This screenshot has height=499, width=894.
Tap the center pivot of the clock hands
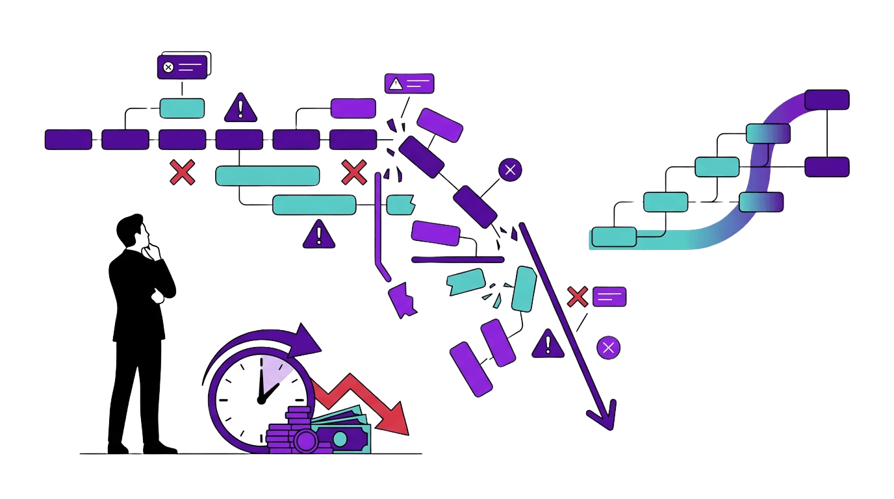tap(261, 400)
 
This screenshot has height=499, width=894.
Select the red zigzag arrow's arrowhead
tap(396, 421)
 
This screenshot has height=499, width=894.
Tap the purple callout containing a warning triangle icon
tap(409, 83)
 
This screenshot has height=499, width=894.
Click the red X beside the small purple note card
tap(577, 296)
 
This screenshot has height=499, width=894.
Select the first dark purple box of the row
tap(68, 139)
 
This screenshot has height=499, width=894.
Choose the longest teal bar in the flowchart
tap(267, 175)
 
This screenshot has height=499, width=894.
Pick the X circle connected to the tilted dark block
tap(510, 170)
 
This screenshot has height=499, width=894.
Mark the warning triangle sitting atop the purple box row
tap(240, 108)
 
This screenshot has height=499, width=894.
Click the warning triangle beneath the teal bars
tap(319, 235)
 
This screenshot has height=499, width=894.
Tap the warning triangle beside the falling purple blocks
tap(548, 344)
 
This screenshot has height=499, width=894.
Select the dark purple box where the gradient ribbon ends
tap(826, 99)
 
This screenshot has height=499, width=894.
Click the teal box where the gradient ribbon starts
tap(614, 237)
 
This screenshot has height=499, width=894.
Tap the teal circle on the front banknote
tap(340, 439)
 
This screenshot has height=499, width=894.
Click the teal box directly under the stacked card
tap(182, 108)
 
